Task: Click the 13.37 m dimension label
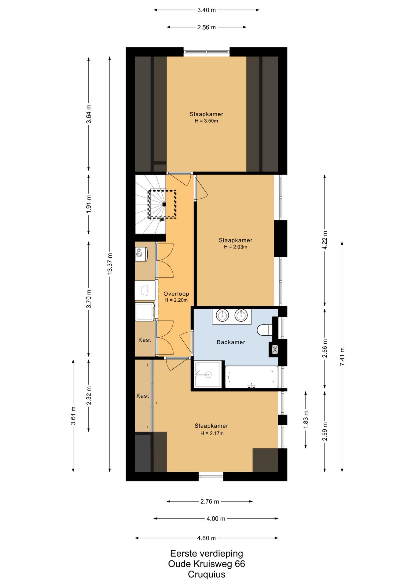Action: coord(110,264)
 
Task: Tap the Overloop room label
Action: coord(176,294)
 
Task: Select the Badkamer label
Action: coord(231,342)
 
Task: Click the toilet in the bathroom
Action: coord(265,330)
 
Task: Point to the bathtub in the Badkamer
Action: coord(252,377)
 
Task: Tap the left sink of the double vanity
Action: coord(222,315)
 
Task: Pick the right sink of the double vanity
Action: coord(241,315)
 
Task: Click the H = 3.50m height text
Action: coord(206,121)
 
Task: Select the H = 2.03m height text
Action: coord(236,247)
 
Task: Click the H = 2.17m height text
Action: coord(212,433)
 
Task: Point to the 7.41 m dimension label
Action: coord(342,356)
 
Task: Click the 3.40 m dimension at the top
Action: coord(207,10)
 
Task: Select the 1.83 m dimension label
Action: coord(306,419)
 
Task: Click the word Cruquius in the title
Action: coord(207,574)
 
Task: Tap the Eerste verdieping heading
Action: coord(207,553)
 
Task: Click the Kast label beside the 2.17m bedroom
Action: coord(143,396)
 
